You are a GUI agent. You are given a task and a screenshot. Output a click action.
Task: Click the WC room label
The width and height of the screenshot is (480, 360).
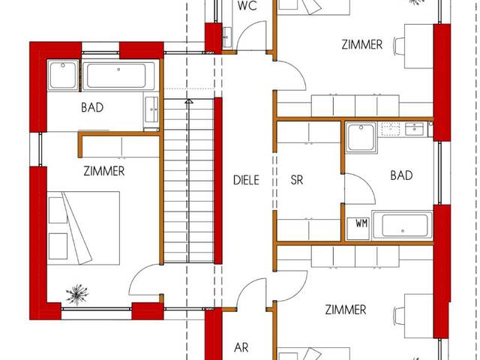pos(247,6)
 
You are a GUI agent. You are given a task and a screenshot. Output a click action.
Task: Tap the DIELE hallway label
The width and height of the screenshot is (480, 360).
pos(246,180)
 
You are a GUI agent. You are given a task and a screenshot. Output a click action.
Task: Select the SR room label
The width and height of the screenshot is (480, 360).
pos(297,180)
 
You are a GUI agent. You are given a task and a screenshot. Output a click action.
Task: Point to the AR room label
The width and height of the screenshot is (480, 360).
pos(241,348)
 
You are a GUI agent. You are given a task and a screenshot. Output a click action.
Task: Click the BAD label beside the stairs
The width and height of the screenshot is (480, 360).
pos(92,107)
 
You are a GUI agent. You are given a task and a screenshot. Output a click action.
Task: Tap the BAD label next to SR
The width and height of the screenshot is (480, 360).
pos(401,175)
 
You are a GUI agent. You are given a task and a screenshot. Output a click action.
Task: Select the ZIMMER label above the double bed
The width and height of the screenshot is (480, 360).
pos(104,171)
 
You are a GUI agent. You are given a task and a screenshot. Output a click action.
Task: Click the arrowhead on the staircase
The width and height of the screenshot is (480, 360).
pos(189,101)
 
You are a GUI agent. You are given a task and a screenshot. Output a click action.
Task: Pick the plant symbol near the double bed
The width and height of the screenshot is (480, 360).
pos(77,295)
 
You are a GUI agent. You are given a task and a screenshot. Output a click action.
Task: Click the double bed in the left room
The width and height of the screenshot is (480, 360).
pos(83,228)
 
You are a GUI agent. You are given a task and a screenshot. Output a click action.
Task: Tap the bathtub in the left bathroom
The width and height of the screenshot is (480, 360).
pos(118,76)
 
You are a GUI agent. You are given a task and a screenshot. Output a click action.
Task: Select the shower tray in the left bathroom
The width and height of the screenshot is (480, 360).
pos(63,75)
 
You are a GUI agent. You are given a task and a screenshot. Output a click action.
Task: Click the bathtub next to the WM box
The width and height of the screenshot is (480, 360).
pos(402,225)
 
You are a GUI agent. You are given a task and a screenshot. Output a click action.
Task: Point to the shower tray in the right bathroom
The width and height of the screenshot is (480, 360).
pos(361,137)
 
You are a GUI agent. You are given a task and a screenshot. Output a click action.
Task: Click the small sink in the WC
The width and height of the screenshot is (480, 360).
pos(226,37)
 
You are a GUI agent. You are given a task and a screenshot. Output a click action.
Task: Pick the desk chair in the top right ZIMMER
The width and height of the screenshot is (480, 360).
pos(398,46)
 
